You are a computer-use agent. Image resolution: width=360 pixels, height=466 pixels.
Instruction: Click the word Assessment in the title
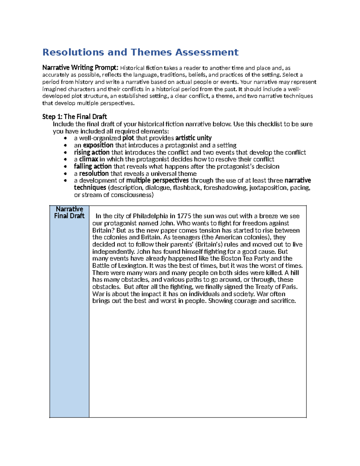click(x=207, y=52)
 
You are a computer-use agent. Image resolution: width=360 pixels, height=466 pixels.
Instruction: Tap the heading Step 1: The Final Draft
click(x=74, y=117)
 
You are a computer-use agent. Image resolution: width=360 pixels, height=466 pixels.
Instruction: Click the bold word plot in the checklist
click(x=128, y=138)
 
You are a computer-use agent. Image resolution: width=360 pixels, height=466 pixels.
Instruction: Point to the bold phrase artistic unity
click(x=193, y=138)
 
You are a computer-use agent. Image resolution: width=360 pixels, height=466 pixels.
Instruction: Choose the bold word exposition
click(x=98, y=145)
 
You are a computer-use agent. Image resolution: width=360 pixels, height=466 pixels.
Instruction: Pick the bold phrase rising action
click(x=91, y=152)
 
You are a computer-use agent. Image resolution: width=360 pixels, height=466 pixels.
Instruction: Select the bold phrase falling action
click(x=93, y=167)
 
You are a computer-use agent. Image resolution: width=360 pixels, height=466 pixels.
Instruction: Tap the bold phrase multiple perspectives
click(x=157, y=181)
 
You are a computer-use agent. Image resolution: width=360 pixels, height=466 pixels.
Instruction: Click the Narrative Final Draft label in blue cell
click(x=69, y=212)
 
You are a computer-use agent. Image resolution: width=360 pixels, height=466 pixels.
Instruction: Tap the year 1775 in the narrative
click(x=184, y=216)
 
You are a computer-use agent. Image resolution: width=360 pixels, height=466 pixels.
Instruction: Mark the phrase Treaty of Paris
click(x=276, y=287)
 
